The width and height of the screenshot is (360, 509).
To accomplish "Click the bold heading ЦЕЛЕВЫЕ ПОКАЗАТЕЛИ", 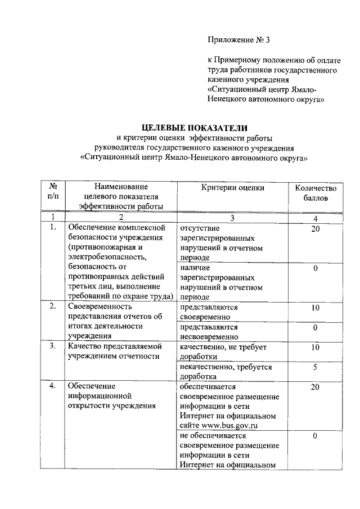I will tap(194, 128).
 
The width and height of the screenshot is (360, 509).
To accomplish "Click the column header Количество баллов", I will tap(316, 193).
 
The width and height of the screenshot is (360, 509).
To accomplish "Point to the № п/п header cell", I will tap(53, 193).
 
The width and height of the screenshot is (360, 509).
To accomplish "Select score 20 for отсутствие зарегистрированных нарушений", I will tap(316, 228).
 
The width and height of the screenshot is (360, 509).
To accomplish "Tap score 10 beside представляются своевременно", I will tap(316, 308).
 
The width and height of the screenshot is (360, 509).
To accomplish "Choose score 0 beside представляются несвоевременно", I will tap(316, 327).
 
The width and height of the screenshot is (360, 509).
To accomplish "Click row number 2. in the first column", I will tap(53, 307).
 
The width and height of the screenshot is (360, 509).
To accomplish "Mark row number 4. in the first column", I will tap(53, 386).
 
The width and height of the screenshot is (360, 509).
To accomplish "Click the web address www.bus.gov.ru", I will tap(233, 426).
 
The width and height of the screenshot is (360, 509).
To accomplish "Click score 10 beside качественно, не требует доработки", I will tap(316, 347).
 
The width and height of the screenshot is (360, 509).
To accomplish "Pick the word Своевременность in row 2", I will tap(100, 307).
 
